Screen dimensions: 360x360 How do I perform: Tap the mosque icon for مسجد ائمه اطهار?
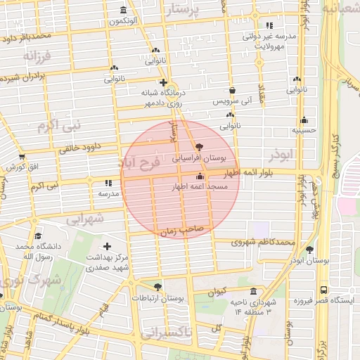pyautogui.click(x=201, y=176)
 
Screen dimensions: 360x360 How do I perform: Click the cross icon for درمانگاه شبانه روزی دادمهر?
pyautogui.click(x=163, y=82)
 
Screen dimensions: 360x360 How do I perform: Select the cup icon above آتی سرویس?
pyautogui.click(x=232, y=90)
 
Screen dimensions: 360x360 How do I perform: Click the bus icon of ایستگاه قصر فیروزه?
pyautogui.click(x=323, y=289)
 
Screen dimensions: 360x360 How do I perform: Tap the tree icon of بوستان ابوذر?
pyautogui.click(x=309, y=250)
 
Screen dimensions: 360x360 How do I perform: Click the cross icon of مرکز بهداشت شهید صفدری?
pyautogui.click(x=107, y=246)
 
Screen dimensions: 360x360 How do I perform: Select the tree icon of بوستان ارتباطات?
pyautogui.click(x=156, y=287)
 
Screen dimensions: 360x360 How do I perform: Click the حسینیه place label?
pyautogui.click(x=305, y=130)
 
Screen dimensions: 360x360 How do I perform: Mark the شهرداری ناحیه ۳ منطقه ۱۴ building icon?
pyautogui.click(x=253, y=291)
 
